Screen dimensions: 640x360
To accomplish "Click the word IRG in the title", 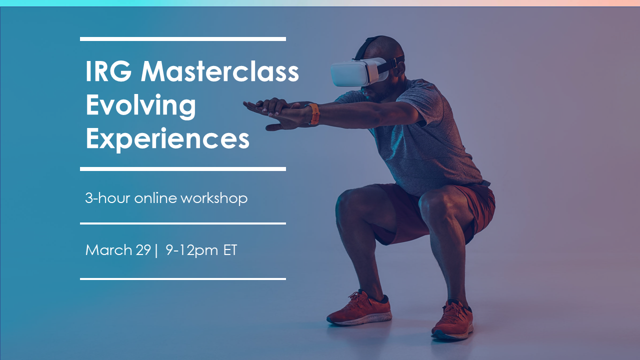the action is (108, 71).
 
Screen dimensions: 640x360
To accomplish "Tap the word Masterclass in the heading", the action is (220, 71).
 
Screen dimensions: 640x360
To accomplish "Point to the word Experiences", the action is (167, 139).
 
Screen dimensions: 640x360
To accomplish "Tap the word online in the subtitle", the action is (155, 197).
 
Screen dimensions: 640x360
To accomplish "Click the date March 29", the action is (118, 250).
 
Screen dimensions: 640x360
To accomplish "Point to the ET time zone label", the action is (230, 250).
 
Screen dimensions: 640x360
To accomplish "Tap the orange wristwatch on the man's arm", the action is (314, 114).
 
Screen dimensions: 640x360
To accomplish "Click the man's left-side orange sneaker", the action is (359, 309).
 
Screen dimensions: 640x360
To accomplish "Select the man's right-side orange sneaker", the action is (452, 320).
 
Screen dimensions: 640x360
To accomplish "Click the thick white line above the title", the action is (183, 39).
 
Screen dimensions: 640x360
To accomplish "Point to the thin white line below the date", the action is (183, 279).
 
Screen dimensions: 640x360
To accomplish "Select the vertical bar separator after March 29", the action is (156, 250).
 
